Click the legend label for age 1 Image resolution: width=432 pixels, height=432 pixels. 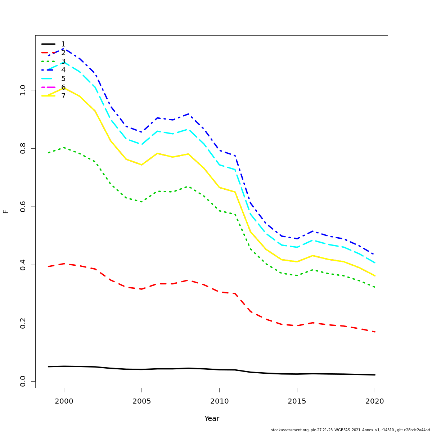(x=63, y=44)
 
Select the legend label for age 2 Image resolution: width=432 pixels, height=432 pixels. (x=63, y=53)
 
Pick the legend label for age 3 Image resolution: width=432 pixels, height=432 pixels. (x=63, y=62)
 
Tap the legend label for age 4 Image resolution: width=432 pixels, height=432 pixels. (x=63, y=70)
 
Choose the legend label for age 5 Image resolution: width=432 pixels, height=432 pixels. (x=63, y=79)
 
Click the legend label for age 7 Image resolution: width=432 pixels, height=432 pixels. (x=63, y=96)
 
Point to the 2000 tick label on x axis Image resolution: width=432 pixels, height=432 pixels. (x=64, y=401)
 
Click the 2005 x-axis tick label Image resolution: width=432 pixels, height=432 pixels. (x=142, y=401)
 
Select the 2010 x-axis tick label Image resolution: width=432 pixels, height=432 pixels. (x=219, y=401)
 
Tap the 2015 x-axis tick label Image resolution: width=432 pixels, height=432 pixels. (x=297, y=401)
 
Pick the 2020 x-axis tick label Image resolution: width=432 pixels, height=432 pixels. (x=375, y=401)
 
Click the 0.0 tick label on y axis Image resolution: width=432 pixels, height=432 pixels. (x=23, y=381)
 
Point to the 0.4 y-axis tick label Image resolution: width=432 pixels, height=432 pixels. (x=23, y=265)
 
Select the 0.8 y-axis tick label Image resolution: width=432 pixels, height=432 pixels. (x=23, y=148)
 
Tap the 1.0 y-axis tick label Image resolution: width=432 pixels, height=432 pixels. (x=23, y=90)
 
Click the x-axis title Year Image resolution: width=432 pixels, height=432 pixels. (x=212, y=419)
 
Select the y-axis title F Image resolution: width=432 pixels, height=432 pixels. (x=6, y=211)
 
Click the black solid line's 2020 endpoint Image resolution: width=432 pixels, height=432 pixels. (x=375, y=375)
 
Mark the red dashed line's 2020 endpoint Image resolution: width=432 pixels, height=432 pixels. (x=375, y=332)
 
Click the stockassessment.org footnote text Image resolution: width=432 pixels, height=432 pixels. (x=350, y=430)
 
